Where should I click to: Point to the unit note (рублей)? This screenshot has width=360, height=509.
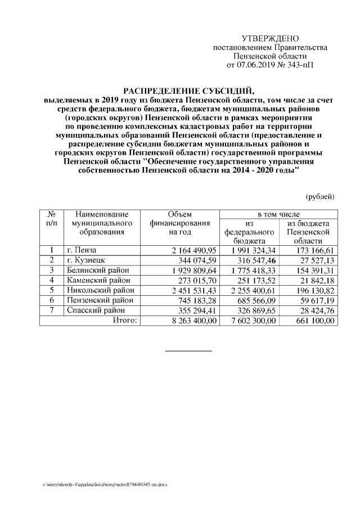[319, 196]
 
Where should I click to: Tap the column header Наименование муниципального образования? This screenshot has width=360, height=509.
[101, 223]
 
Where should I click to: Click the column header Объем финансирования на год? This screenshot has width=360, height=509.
[180, 223]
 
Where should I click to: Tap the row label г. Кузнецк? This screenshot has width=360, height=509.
[85, 260]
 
